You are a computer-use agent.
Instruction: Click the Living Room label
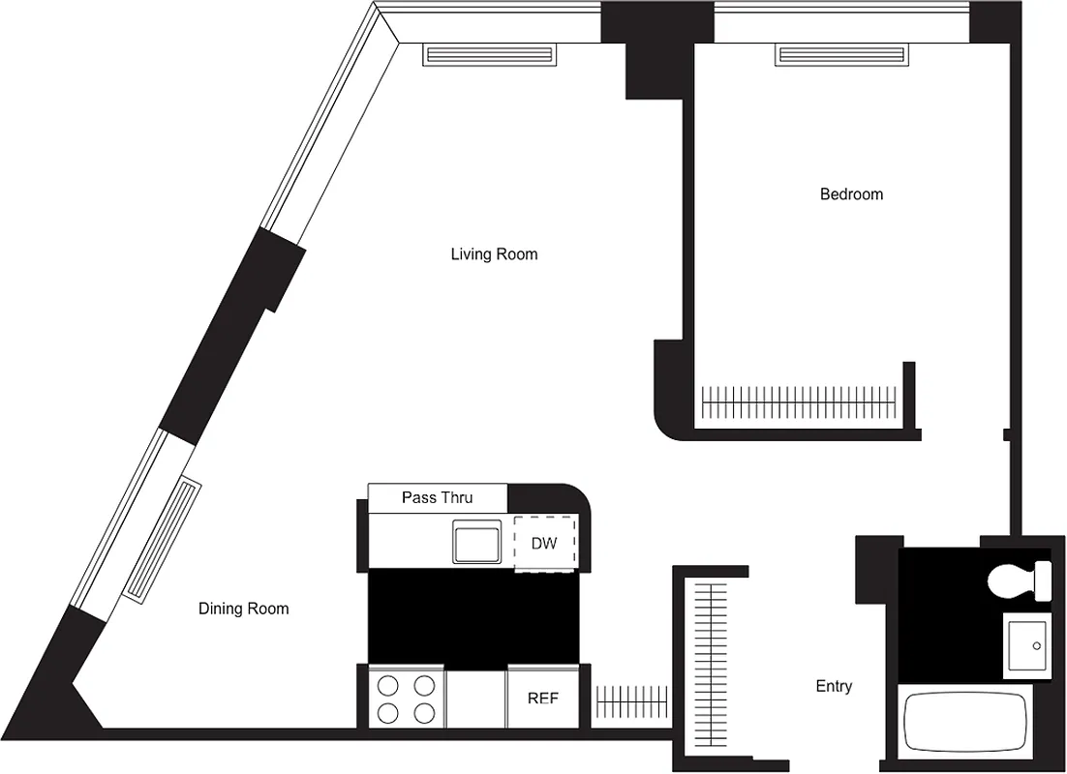point(494,254)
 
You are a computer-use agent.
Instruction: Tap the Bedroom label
point(851,194)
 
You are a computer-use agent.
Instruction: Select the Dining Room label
point(243,609)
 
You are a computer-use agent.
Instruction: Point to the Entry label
point(834,686)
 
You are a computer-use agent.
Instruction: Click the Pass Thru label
point(437,497)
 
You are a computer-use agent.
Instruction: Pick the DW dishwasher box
point(544,543)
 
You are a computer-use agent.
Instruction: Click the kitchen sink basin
point(477,541)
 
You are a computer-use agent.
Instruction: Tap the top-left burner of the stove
point(388,686)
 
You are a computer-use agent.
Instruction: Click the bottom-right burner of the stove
point(424,714)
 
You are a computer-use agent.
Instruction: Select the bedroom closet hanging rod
point(799,400)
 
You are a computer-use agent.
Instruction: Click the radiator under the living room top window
point(490,56)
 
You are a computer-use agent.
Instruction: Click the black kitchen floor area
point(473,616)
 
